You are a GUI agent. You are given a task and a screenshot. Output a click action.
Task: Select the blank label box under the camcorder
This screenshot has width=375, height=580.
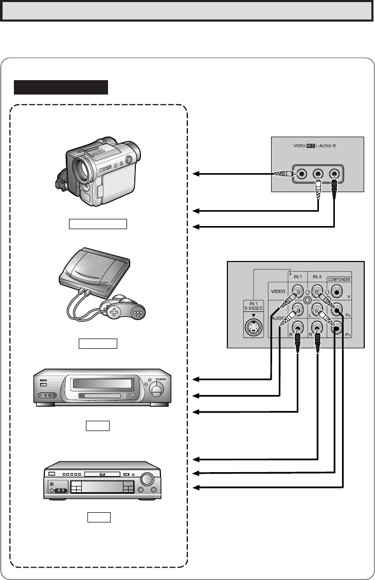coord(98,223)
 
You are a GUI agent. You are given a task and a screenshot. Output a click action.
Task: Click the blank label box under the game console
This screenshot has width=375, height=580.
coord(98,343)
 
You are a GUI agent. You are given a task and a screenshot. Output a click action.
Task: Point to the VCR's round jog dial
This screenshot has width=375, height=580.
coord(156,389)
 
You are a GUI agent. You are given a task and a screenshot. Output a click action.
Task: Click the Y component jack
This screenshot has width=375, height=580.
coord(337,291)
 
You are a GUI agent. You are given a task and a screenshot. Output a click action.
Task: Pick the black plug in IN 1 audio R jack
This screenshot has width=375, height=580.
coord(298,342)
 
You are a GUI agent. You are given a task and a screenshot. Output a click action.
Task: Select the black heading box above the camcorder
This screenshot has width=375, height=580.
coord(61,87)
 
